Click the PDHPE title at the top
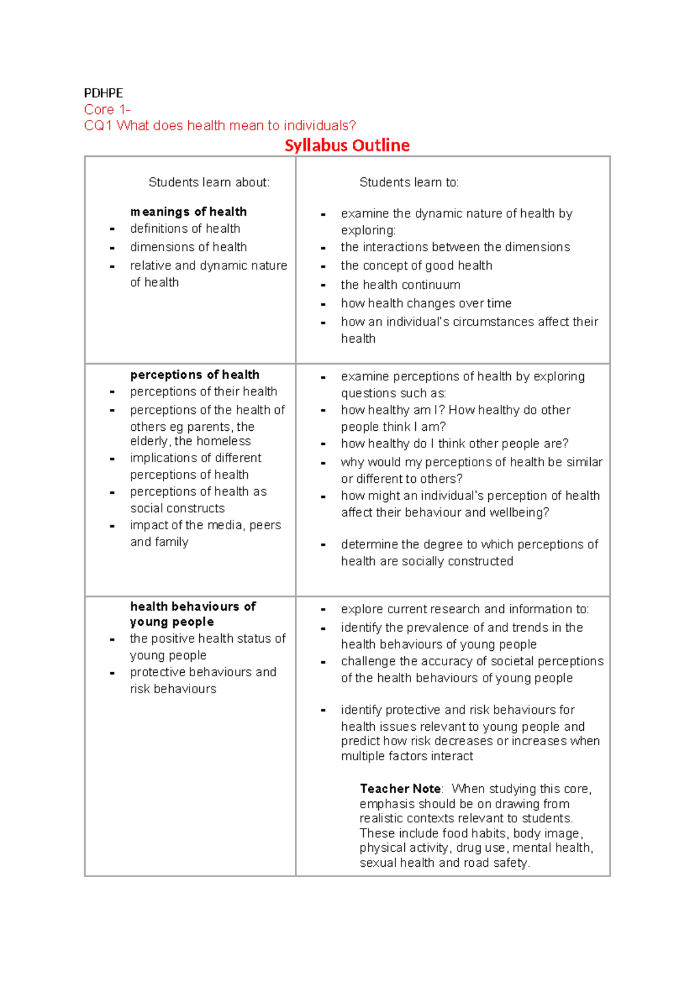tap(103, 93)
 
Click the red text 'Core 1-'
tap(107, 109)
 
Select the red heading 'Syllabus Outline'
tap(347, 145)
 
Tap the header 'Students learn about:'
tap(209, 182)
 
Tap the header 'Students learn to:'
tap(408, 182)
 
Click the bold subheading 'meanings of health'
tap(188, 211)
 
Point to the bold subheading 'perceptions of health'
tap(195, 375)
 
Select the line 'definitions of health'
tap(185, 228)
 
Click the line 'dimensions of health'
tap(188, 247)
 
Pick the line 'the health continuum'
tap(400, 285)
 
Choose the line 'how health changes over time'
tap(426, 303)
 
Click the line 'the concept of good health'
tap(416, 265)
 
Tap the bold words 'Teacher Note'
tap(400, 789)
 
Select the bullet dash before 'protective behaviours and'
tap(112, 673)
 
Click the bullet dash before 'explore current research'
tap(323, 610)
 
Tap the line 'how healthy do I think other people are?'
tap(454, 444)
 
